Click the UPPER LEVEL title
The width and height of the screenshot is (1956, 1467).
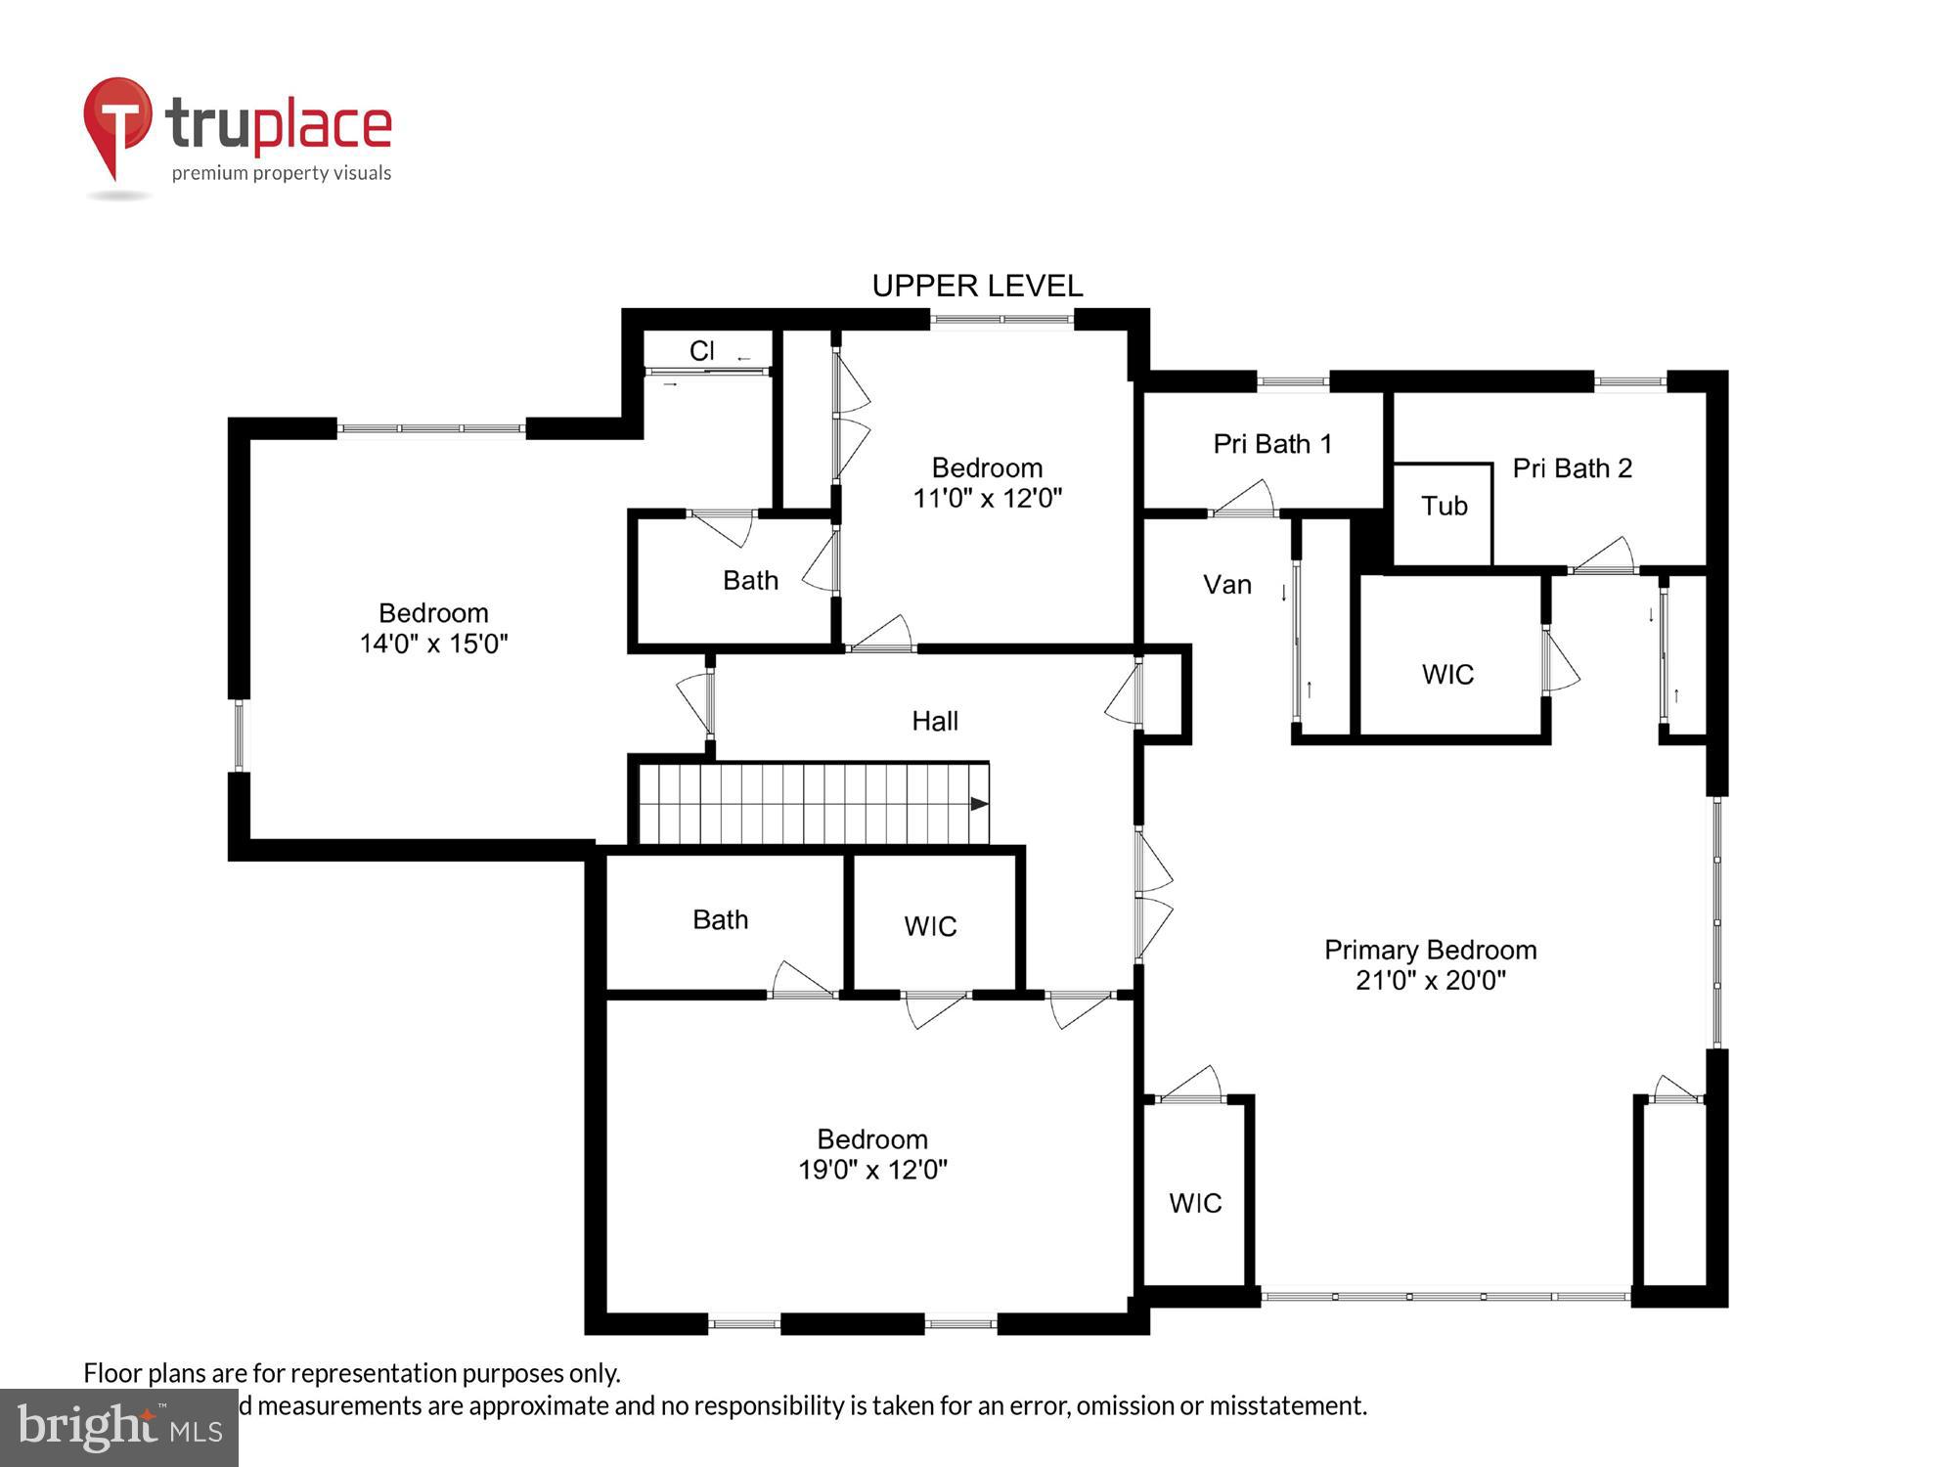coord(977,286)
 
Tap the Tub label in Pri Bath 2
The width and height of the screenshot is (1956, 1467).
coord(1444,506)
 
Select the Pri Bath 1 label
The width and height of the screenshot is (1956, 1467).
coord(1272,444)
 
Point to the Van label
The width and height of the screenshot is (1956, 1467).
coord(1226,585)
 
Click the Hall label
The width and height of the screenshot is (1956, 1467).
coord(934,721)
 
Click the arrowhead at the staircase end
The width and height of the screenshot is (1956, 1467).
coord(978,804)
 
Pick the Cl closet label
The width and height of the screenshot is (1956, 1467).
coord(701,350)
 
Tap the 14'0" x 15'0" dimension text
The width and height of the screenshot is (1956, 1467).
coord(433,644)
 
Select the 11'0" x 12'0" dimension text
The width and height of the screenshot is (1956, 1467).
coord(987,498)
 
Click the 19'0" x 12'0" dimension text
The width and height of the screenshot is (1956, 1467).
coord(872,1170)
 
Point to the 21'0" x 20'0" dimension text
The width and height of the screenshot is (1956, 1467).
coord(1430,980)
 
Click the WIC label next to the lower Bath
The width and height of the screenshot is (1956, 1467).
coord(930,926)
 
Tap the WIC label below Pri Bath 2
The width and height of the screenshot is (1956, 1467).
coord(1447,674)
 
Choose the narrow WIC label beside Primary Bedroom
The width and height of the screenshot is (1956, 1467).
coord(1195,1203)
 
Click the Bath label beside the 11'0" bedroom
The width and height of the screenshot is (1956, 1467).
coord(750,580)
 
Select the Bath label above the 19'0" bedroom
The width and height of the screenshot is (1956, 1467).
coord(720,919)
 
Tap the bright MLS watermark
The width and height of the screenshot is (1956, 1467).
coord(118,1428)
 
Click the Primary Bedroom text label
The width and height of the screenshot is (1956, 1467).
coord(1430,950)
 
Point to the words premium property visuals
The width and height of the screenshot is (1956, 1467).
coord(282,173)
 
